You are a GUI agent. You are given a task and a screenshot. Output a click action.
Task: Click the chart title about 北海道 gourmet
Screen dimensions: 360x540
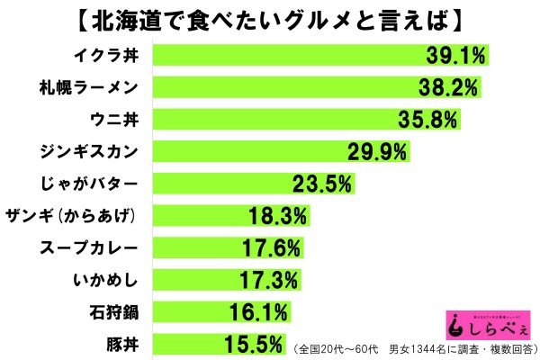point(270,19)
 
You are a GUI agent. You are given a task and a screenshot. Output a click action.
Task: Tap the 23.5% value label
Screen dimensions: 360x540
point(320,184)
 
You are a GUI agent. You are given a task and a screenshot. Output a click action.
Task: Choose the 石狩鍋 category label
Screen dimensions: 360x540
point(115,312)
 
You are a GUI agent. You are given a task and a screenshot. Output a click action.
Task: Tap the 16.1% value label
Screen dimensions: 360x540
point(257,313)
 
